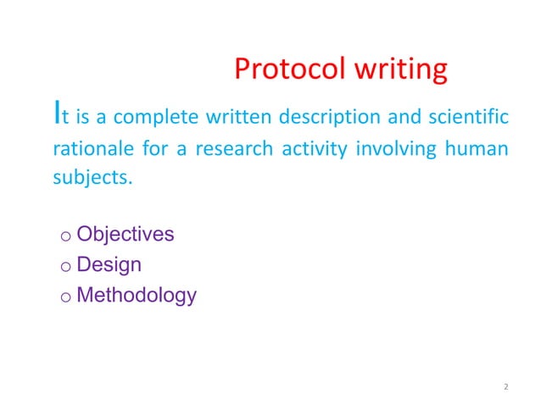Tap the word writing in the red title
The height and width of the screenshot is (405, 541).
click(x=399, y=69)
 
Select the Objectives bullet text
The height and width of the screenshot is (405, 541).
click(x=125, y=234)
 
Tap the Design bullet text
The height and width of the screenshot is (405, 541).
click(x=109, y=264)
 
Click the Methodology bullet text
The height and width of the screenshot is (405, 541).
click(x=136, y=296)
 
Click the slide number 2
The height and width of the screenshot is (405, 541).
click(x=505, y=387)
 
